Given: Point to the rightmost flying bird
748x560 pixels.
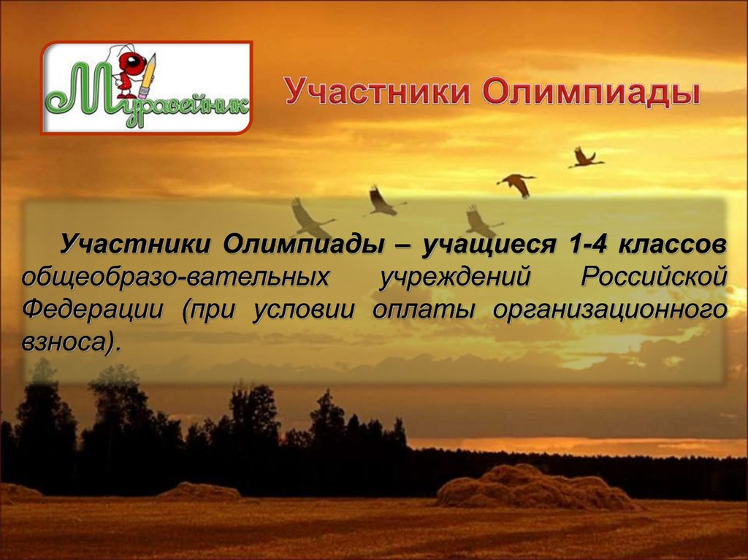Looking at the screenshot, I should pyautogui.click(x=585, y=158).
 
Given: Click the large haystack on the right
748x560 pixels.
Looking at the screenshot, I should pyautogui.click(x=533, y=487).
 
